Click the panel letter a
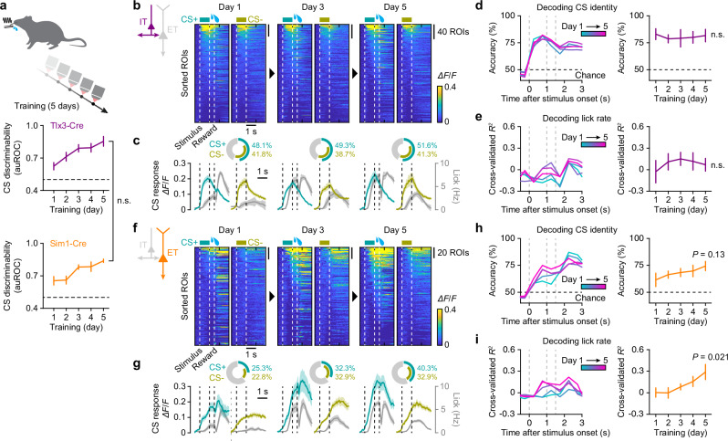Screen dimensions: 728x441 pos(5,7)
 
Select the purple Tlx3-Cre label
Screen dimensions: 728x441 pos(68,126)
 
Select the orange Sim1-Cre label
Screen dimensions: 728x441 pos(68,244)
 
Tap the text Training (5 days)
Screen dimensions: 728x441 pos(47,106)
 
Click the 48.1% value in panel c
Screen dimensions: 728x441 pos(262,145)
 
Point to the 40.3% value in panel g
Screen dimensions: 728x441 pos(427,368)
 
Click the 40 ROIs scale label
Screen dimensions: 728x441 pos(453,32)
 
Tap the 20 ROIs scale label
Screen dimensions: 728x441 pos(453,253)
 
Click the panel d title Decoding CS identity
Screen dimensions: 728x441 pos(577,7)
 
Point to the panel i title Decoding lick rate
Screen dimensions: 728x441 pos(577,341)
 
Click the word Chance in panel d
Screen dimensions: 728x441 pos(590,75)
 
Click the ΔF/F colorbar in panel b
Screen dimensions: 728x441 pos(441,103)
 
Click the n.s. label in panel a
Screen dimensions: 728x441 pos(125,201)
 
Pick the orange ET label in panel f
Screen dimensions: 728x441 pos(172,253)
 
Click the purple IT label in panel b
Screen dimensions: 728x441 pos(143,21)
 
